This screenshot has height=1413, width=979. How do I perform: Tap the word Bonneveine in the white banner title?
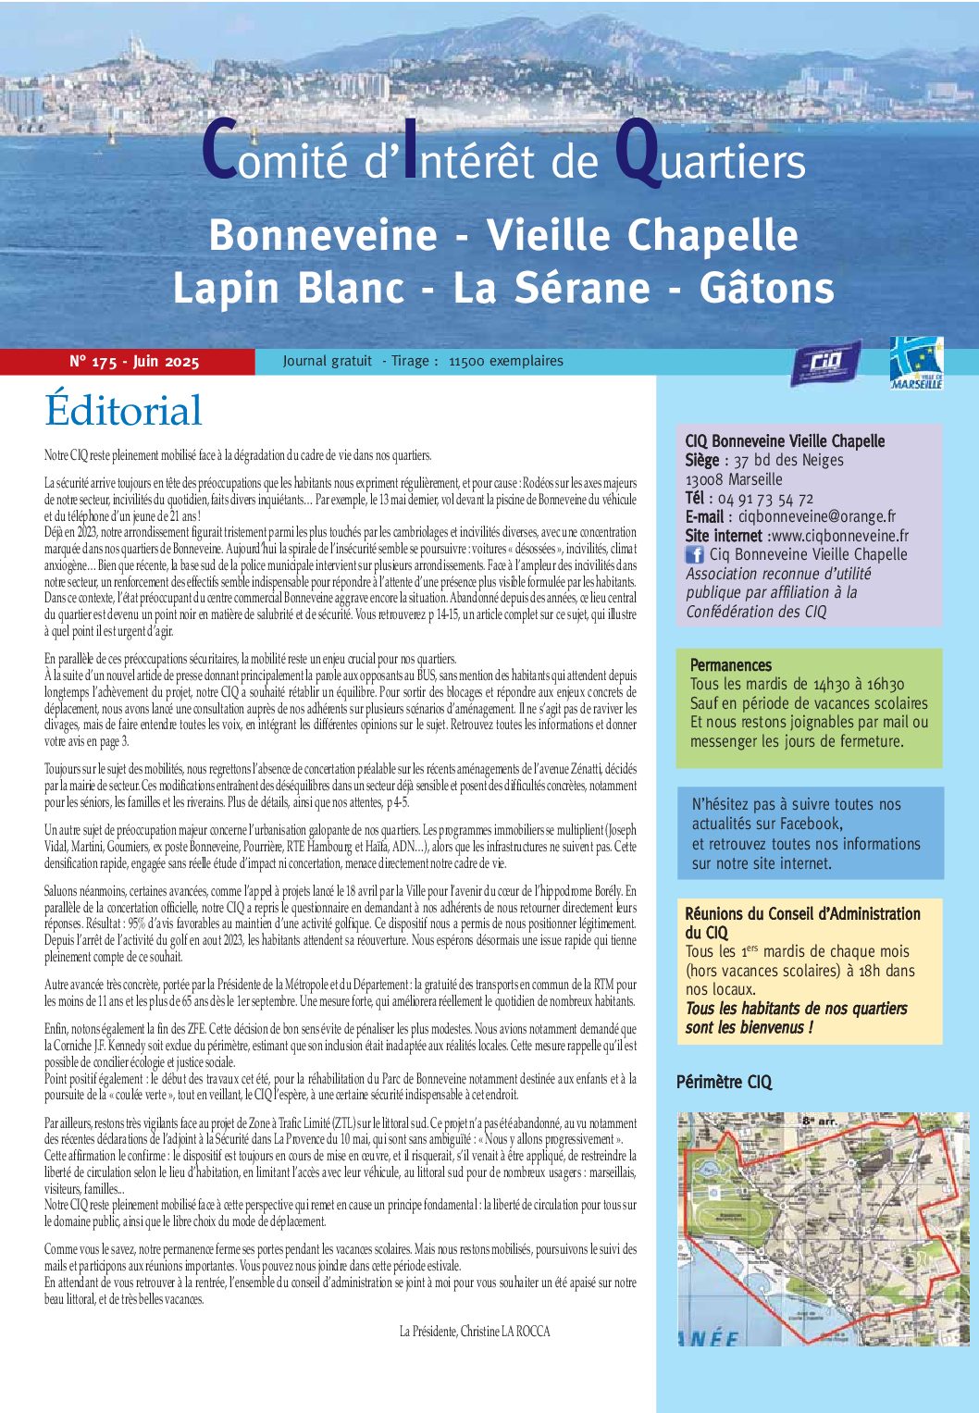point(323,235)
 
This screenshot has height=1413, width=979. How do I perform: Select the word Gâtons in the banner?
point(767,288)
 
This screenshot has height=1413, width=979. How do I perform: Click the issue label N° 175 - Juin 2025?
point(134,362)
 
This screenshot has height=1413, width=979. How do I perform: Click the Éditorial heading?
point(123,411)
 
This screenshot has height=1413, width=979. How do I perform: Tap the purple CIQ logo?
point(825,363)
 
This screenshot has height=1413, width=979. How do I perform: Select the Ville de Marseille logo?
point(916,363)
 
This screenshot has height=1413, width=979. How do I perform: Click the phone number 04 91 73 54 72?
point(765,499)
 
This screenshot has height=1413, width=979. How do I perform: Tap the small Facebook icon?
point(694,555)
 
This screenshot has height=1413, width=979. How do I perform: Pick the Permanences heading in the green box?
point(730,665)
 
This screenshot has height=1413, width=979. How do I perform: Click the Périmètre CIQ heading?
point(724,1082)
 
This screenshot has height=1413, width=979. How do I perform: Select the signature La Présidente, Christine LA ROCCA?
point(475,1332)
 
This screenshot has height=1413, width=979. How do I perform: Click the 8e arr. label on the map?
point(818,1122)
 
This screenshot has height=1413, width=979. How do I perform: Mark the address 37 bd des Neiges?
point(788,460)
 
